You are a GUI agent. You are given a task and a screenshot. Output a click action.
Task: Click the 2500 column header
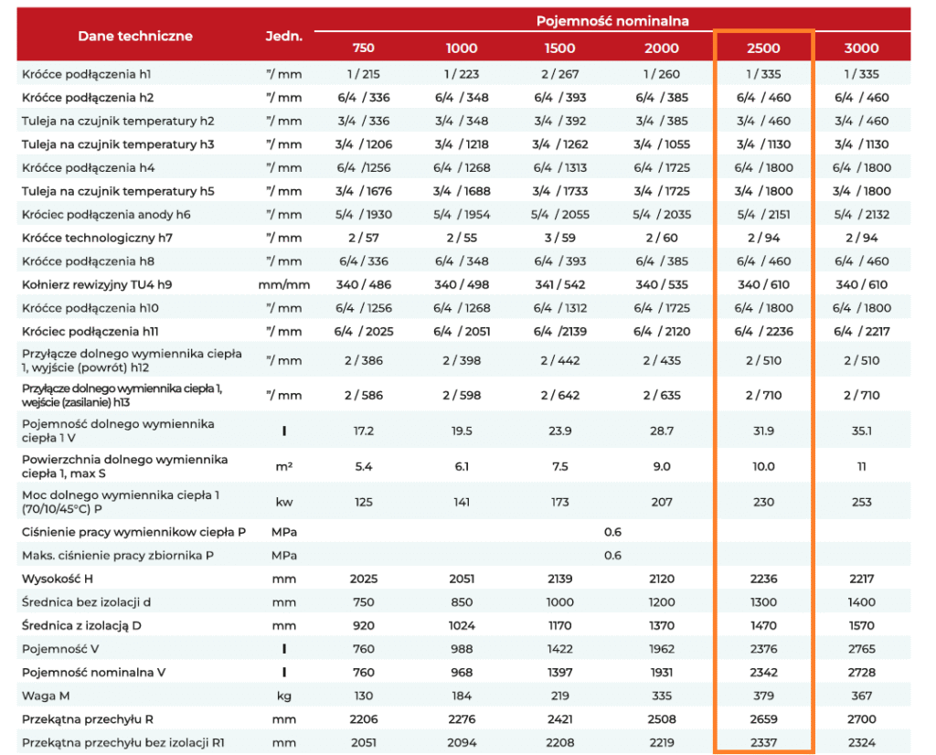point(763,48)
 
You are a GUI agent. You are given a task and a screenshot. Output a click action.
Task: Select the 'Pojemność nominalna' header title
point(612,22)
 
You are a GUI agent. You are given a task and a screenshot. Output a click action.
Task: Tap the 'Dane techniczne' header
point(135,36)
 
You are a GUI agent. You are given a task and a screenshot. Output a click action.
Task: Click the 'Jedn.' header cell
point(284,36)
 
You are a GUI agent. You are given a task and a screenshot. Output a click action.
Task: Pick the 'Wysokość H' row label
point(58,579)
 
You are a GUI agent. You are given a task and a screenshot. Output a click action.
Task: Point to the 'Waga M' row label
point(46,696)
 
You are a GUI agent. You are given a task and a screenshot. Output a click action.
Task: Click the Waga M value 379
point(763,696)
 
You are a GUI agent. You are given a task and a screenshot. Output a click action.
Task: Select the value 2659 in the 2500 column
point(763,719)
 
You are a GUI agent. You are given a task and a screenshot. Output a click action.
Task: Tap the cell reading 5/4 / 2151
point(763,215)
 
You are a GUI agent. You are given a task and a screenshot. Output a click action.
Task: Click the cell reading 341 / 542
point(560,284)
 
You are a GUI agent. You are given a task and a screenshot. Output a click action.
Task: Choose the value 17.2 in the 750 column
point(364,431)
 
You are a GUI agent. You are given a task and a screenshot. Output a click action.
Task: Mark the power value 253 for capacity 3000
point(861,502)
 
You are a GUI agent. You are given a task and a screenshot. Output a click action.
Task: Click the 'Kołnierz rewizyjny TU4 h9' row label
point(97,284)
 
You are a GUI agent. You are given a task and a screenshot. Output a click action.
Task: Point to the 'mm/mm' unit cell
point(284,284)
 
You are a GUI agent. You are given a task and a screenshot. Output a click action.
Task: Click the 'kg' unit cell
point(284,696)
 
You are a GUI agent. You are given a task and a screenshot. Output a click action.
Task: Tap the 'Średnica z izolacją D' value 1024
point(462,625)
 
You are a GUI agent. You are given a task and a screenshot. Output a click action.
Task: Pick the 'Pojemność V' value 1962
point(662,649)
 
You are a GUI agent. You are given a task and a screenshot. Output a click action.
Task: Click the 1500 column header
point(560,48)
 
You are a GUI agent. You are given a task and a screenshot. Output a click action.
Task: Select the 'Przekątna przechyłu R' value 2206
point(364,719)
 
